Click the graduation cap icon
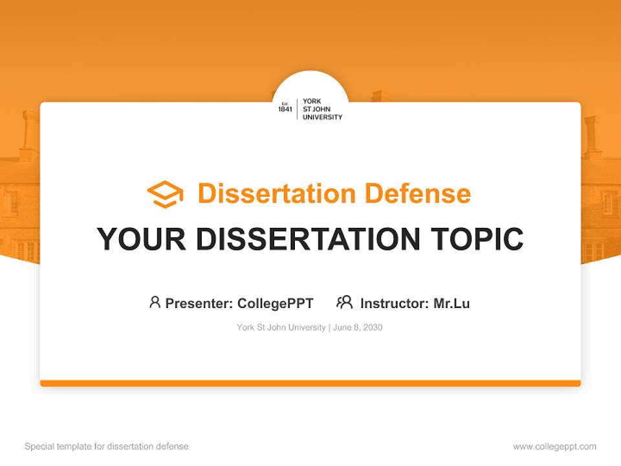pos(165,194)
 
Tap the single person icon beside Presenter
pos(155,302)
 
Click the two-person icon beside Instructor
pos(344,302)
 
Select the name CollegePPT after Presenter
pos(276,303)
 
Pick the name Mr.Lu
pos(452,303)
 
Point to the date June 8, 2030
pos(358,327)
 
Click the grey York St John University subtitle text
pos(281,327)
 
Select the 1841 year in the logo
pos(285,109)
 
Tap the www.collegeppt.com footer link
pos(554,447)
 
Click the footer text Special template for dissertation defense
pos(107,447)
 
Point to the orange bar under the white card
pos(310,383)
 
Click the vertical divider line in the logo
pos(297,109)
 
